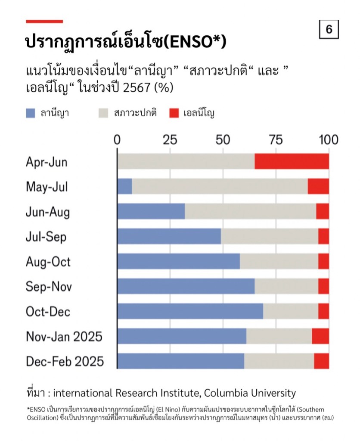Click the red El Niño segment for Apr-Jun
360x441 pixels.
tap(292, 162)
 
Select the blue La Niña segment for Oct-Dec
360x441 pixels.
tap(190, 311)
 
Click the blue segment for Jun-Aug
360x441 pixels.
tap(151, 212)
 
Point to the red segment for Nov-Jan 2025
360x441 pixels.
tap(320, 336)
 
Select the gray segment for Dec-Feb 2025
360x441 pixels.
tap(279, 361)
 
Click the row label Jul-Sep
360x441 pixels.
tap(46, 237)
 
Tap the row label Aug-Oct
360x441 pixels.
tap(48, 262)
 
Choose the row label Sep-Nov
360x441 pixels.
tap(49, 286)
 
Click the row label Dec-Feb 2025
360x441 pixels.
tap(65, 361)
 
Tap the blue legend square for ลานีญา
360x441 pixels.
tap(30, 114)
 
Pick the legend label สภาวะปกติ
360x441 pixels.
tap(135, 114)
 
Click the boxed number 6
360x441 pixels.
tap(329, 30)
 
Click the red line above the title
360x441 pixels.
tap(44, 21)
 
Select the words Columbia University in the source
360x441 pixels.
tap(250, 393)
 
